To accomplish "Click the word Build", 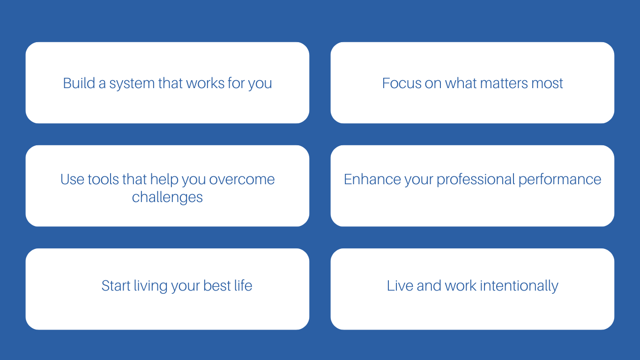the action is point(79,83).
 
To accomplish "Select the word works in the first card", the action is point(205,83).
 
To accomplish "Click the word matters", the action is point(504,83).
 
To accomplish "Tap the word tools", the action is point(103,180).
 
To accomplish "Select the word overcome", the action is point(242,180).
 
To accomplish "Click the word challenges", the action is point(167,198).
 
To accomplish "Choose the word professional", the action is point(476,180).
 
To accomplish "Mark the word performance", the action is point(560,180).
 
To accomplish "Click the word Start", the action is point(116,286).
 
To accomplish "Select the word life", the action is point(243,285).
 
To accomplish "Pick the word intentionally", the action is point(519,286).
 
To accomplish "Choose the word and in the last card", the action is point(429,286).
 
